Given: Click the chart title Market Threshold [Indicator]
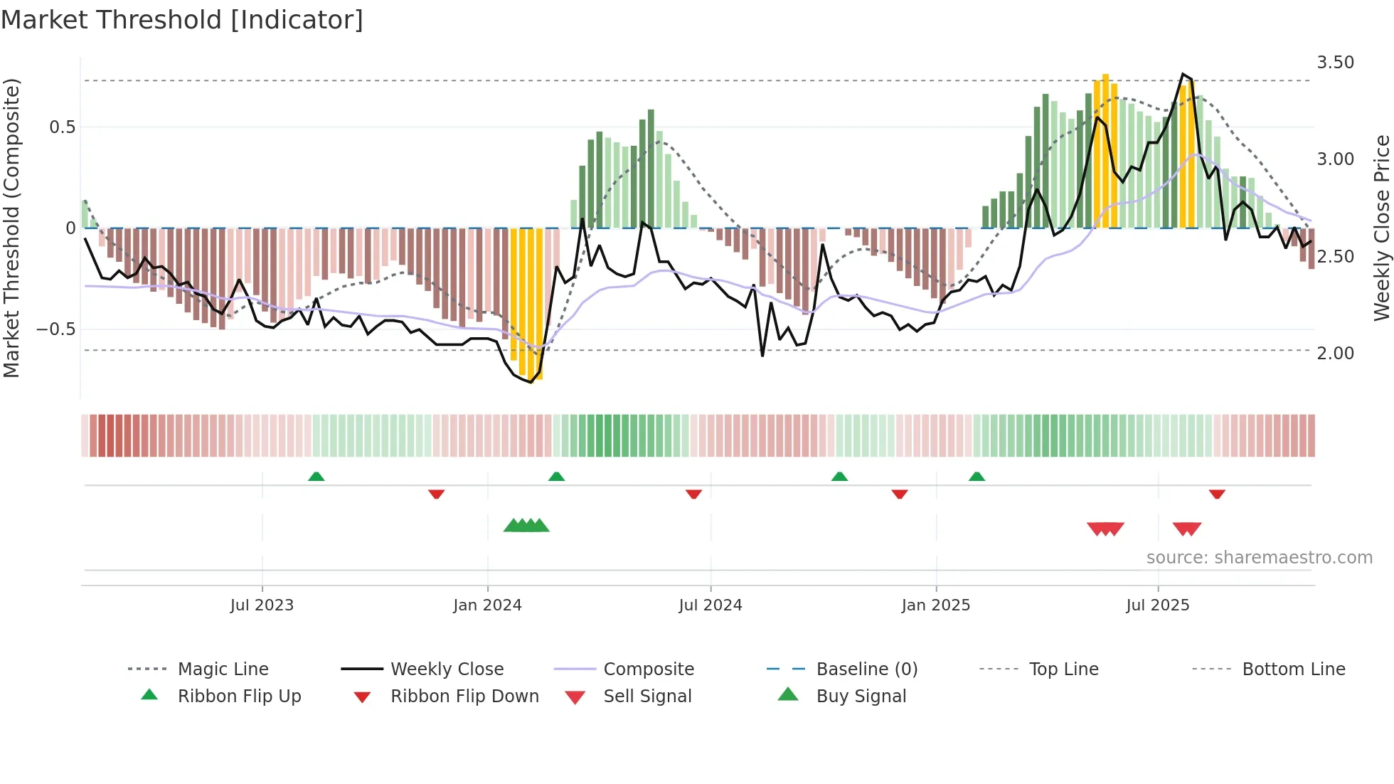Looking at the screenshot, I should (182, 20).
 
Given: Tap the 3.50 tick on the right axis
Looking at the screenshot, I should (1335, 63).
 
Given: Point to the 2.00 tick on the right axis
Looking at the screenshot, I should (1335, 354).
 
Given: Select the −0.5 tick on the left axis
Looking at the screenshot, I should (56, 329).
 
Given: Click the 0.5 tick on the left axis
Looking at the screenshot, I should (62, 127).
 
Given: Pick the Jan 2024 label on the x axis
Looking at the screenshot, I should (487, 605).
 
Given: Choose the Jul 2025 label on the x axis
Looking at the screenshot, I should (1157, 605).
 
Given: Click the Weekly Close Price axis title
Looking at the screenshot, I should (1381, 228).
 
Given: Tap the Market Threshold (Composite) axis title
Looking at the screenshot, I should (11, 228).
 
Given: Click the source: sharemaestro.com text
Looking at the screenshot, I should (1259, 558).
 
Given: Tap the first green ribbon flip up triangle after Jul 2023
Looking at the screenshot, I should (316, 477).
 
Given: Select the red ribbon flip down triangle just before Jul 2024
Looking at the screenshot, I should (693, 494).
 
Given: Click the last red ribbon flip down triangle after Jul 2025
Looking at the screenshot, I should (1217, 494).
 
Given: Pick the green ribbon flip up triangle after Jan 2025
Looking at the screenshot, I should (977, 477).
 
